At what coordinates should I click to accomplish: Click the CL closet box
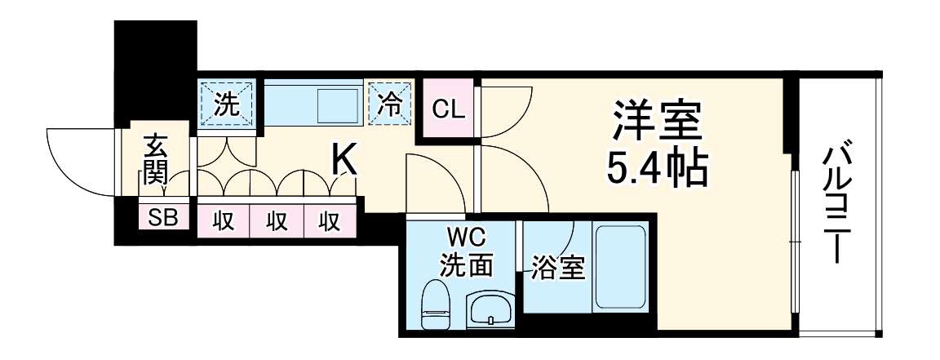point(448,108)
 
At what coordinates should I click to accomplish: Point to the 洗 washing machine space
point(227,104)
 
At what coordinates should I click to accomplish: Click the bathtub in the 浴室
point(621,265)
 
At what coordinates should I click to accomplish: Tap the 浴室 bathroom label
point(559,267)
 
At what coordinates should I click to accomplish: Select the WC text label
point(465,239)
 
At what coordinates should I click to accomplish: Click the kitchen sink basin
point(337,104)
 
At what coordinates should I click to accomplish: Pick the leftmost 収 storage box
point(222,220)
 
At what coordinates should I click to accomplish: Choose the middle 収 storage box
point(276,220)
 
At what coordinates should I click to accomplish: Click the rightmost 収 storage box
point(330,220)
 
